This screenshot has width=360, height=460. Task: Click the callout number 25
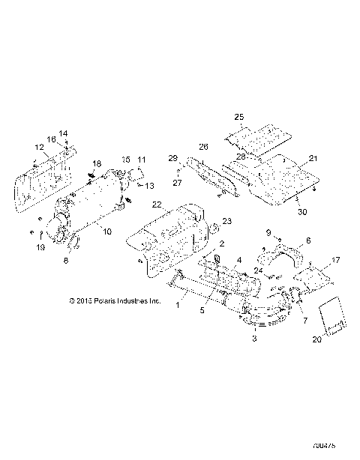pyautogui.click(x=239, y=118)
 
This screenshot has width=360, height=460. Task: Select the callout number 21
pyautogui.click(x=313, y=159)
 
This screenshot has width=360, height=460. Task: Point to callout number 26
pyautogui.click(x=202, y=147)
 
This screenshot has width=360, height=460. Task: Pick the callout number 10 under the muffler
pyautogui.click(x=107, y=231)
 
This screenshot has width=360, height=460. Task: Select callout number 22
pyautogui.click(x=157, y=205)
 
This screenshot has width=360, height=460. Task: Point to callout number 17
pyautogui.click(x=336, y=260)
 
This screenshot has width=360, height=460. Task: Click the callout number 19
pyautogui.click(x=41, y=246)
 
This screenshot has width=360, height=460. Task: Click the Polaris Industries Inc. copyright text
pyautogui.click(x=114, y=301)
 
